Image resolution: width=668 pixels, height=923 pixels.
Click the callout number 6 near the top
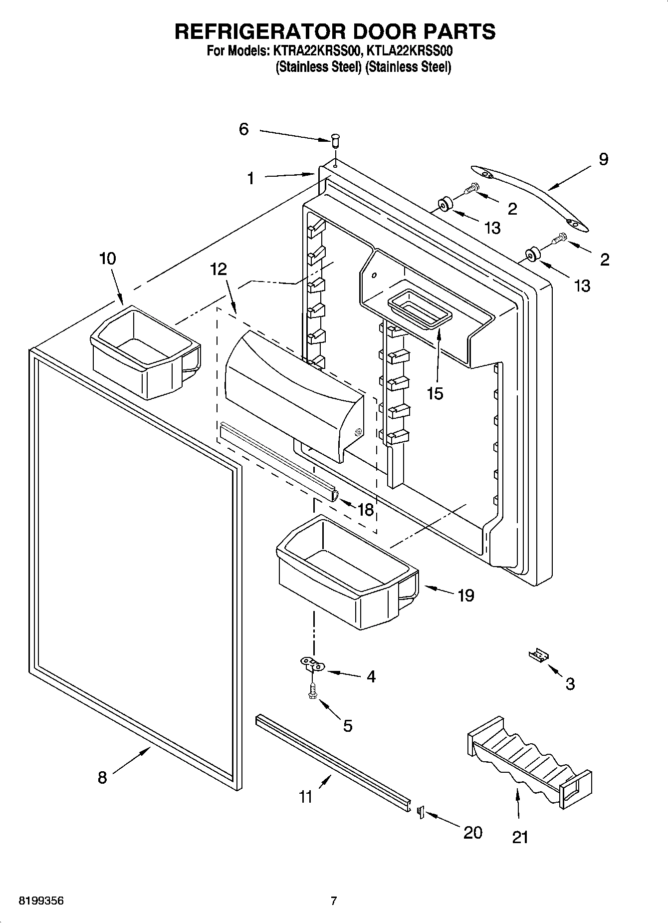pos(243,129)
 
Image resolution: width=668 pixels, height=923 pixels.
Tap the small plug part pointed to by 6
pos(336,140)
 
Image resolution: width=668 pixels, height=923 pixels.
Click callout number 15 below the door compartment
pos(435,393)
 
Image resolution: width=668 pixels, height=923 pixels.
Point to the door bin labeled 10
pos(145,352)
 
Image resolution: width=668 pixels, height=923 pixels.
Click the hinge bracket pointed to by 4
pos(312,664)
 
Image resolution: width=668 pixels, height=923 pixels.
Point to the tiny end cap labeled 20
pos(420,812)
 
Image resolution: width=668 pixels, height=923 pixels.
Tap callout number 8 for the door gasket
pos(102,777)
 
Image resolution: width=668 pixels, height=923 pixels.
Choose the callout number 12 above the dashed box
pos(219,269)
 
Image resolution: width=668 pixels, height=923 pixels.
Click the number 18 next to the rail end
pos(366,509)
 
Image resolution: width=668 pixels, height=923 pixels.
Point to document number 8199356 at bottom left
pos(41,901)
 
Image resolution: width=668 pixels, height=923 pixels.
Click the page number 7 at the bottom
pos(334,901)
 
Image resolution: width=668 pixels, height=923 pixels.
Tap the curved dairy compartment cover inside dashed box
pos(294,394)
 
